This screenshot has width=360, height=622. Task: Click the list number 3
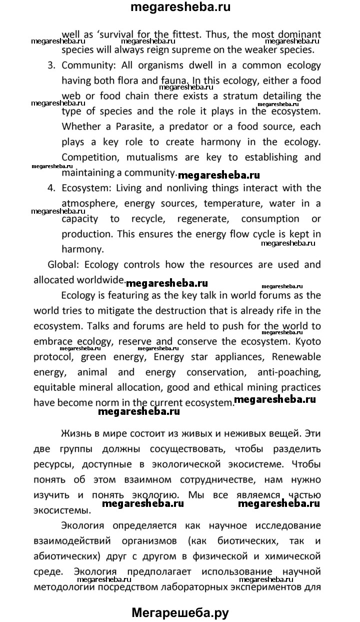click(x=51, y=65)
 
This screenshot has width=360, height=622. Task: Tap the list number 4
click(x=51, y=188)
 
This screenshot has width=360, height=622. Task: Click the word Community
click(x=86, y=65)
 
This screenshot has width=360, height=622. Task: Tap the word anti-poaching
click(x=289, y=372)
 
